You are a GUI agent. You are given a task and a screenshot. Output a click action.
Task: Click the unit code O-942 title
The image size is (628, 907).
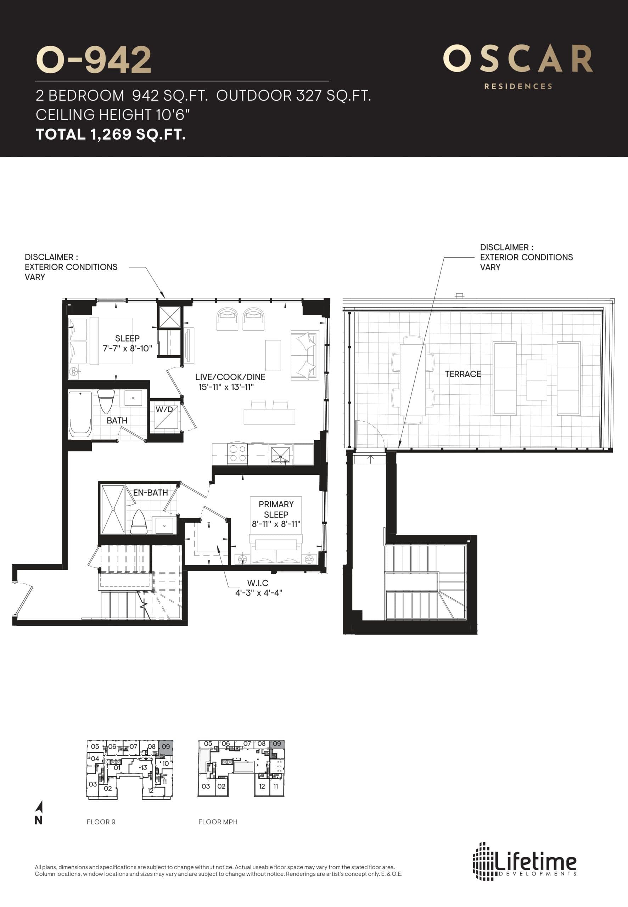click(x=93, y=60)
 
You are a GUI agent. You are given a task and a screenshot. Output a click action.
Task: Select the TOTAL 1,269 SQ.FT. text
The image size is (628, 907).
click(x=111, y=135)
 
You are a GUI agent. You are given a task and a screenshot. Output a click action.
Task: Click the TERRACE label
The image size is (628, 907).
click(x=463, y=374)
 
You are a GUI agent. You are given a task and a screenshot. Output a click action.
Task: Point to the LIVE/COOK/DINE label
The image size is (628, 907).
click(x=230, y=377)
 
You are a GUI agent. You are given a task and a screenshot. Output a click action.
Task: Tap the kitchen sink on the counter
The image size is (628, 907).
click(x=281, y=455)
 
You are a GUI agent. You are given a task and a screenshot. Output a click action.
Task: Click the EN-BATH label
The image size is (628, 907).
click(x=150, y=492)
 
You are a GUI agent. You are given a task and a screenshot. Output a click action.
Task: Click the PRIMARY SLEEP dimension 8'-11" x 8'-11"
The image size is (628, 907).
click(x=276, y=524)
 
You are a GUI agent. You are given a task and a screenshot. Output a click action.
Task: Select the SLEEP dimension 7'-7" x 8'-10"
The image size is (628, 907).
click(x=127, y=349)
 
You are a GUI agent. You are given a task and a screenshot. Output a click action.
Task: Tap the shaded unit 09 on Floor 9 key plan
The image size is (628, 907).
click(x=166, y=747)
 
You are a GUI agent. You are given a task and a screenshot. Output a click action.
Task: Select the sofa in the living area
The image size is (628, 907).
click(x=304, y=356)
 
